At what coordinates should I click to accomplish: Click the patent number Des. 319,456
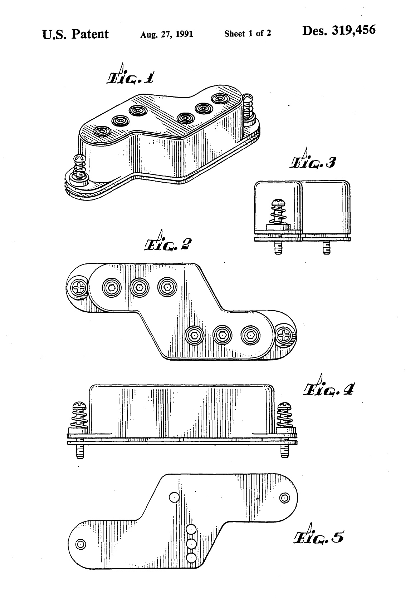(x=339, y=30)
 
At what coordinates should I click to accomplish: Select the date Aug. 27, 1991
(x=167, y=34)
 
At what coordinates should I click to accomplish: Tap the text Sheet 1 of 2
(x=247, y=34)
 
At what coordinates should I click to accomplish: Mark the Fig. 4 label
(x=329, y=386)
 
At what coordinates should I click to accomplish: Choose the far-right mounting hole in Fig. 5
(x=285, y=498)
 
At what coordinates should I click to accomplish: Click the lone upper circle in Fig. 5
(x=174, y=497)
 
